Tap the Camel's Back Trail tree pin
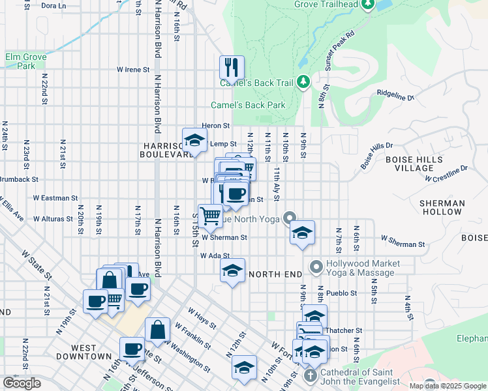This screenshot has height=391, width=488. coord(303,82)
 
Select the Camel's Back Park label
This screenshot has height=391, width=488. coord(248,105)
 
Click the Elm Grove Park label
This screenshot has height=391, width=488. coord(26,61)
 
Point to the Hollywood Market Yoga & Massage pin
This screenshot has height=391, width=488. coord(316,267)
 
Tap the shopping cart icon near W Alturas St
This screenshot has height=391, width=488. coord(210,216)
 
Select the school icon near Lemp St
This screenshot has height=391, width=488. coord(194,140)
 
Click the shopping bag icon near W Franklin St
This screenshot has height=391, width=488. coord(158,330)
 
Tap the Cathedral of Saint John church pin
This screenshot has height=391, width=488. coord(310,376)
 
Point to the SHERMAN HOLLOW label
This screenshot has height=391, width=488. coord(442,208)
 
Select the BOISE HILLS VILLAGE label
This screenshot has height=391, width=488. coord(414,164)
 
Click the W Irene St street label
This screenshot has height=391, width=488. coord(133,69)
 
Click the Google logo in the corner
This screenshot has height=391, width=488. coord(22,383)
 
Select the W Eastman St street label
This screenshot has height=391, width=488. coord(55,197)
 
